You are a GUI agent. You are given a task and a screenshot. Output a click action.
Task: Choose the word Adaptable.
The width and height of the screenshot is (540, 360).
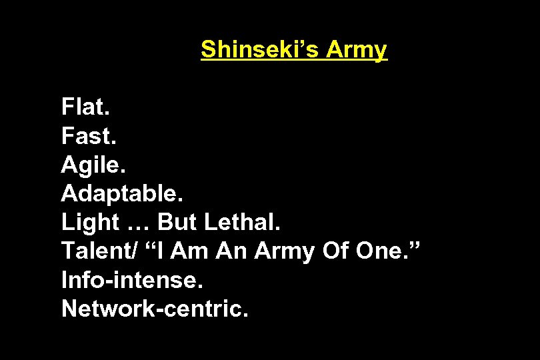[x=121, y=194]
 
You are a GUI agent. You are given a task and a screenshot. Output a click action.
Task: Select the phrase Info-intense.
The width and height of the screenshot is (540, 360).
[x=131, y=281]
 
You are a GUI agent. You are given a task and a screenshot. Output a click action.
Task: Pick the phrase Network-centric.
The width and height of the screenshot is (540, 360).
[x=155, y=309]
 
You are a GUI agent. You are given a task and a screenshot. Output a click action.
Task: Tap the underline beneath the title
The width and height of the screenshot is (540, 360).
[x=293, y=61]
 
